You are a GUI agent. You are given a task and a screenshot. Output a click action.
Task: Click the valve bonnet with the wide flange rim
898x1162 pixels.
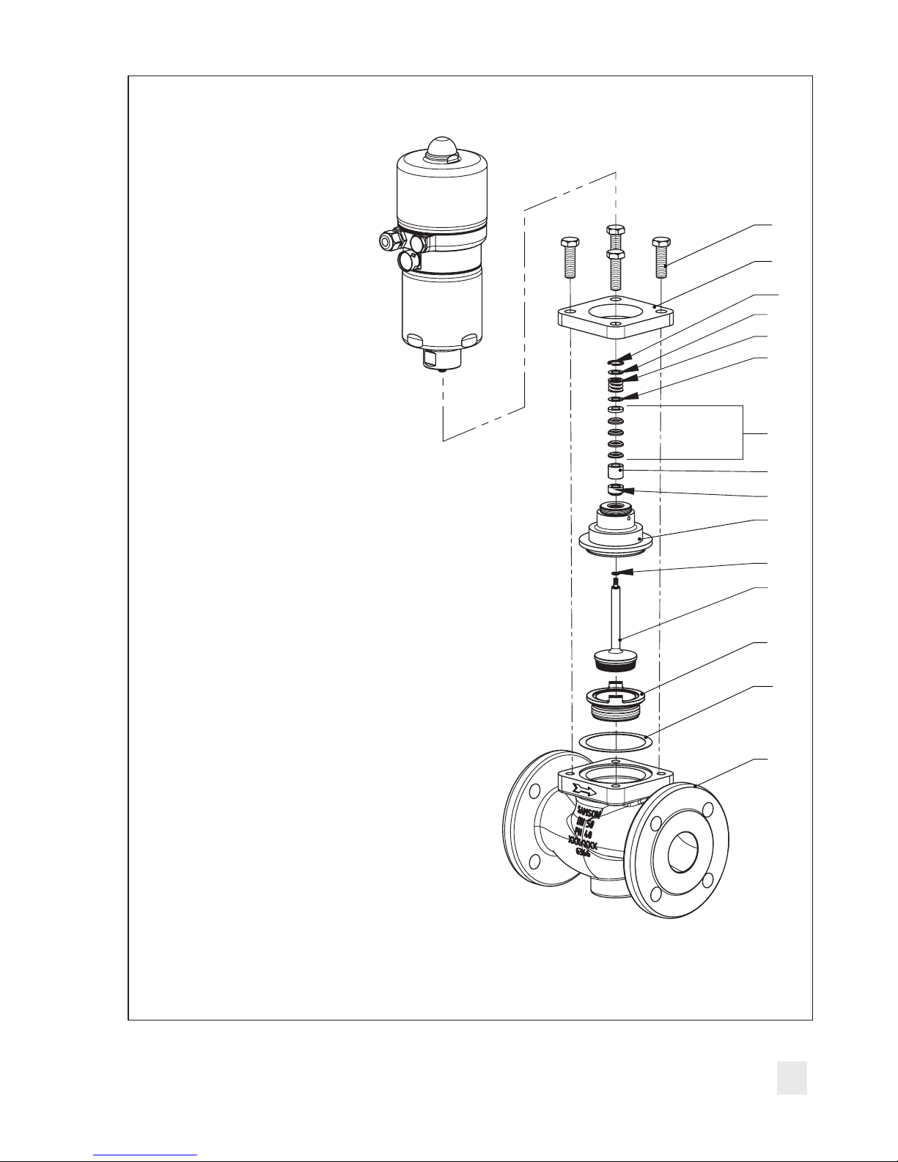point(616,532)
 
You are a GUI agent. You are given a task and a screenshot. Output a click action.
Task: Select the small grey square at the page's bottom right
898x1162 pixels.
point(792,1078)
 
